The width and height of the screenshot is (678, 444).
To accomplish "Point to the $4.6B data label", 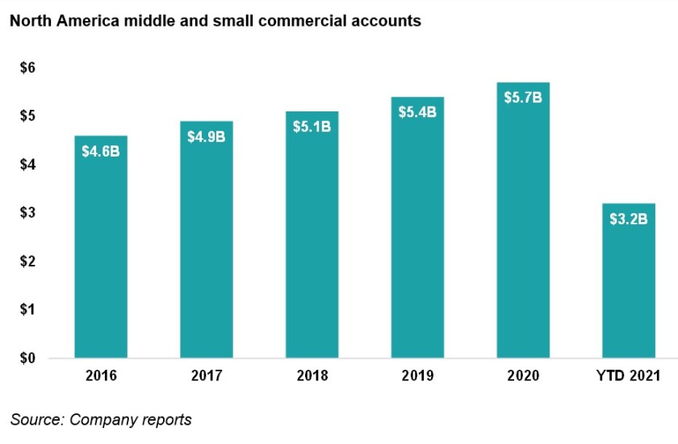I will coord(101,151).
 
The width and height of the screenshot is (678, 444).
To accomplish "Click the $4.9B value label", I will coord(207,136).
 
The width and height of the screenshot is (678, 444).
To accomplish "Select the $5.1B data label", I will coord(312,127).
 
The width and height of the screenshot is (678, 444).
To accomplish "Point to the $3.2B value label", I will coord(628,219).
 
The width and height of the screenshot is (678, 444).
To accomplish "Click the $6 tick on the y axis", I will coord(27,69).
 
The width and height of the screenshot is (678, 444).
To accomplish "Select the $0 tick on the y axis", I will coord(27,358).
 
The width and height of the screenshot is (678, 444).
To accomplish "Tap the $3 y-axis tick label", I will coord(27,213).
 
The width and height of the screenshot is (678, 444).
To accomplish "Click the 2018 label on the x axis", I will coord(312,376).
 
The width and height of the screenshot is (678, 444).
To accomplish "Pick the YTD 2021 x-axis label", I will coord(628,376).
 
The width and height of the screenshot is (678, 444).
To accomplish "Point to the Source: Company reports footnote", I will coord(101,420).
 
